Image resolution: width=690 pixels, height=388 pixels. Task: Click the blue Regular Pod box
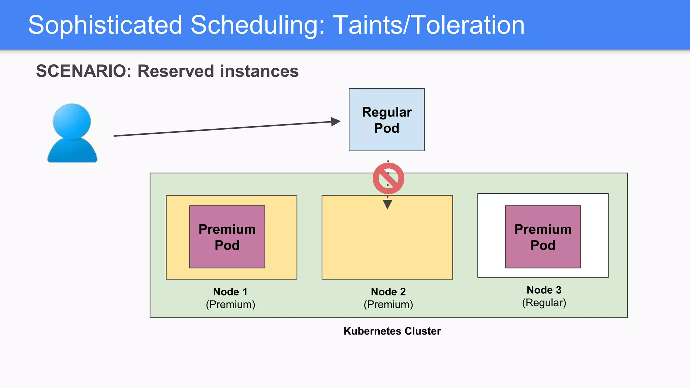386,120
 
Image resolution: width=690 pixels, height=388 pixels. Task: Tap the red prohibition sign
388,178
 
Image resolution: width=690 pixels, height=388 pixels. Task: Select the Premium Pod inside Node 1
227,237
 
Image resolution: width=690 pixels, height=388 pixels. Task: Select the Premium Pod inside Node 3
543,237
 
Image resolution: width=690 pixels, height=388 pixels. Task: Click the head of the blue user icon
72,121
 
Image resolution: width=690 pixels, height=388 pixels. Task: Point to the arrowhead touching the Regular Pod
336,122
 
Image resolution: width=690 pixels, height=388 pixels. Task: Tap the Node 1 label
230,291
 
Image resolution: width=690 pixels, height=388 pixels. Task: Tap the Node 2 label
388,291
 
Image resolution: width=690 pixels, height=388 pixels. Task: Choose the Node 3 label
544,290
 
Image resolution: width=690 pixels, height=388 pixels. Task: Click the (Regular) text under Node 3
544,302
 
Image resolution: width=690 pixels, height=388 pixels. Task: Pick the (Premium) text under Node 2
388,304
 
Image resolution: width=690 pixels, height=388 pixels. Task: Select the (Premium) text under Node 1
230,304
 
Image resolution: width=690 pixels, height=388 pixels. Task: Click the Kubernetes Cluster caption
392,331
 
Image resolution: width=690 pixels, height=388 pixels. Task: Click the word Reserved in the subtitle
176,71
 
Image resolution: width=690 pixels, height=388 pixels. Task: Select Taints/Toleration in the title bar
429,25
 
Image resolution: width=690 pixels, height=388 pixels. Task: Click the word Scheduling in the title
257,25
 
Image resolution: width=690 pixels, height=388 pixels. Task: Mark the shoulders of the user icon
72,152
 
